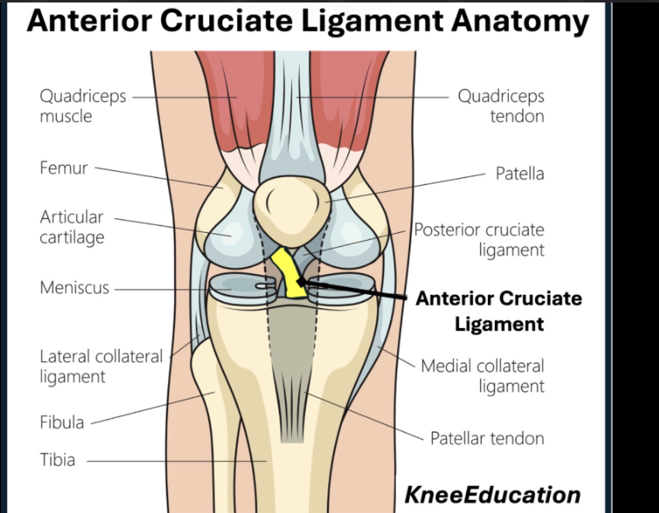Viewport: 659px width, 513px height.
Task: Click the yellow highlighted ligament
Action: coord(288,273)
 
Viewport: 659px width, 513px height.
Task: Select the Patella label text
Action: coord(520,174)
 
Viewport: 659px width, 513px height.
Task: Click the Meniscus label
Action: coord(74,287)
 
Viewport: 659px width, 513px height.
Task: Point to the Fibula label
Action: coord(62,422)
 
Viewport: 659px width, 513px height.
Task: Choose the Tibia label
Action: coord(57,460)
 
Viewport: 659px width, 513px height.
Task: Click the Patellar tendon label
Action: coord(488,438)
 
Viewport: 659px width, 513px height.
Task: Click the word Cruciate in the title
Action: coord(226,21)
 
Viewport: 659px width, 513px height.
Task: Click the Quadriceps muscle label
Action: coord(83,106)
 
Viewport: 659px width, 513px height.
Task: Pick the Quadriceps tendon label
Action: coord(501,106)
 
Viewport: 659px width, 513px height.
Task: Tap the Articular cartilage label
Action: coord(72,227)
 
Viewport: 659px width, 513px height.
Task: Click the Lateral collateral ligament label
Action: coord(101,366)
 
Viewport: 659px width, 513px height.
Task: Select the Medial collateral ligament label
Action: coord(483,376)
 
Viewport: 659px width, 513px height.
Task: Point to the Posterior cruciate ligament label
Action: coord(479,240)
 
